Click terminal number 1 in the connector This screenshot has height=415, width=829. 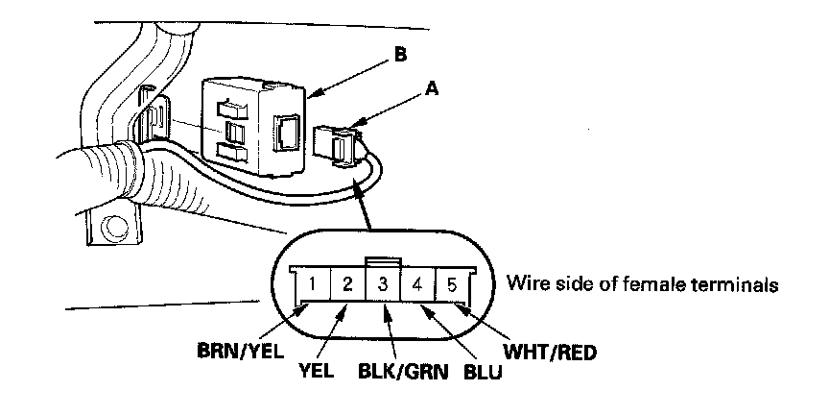click(x=314, y=283)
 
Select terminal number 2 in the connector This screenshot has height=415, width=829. click(x=348, y=283)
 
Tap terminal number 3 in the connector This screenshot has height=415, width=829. click(x=383, y=283)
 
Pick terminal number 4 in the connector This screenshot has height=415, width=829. click(x=416, y=283)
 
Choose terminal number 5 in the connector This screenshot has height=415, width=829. click(x=450, y=283)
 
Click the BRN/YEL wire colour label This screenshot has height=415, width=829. click(x=234, y=352)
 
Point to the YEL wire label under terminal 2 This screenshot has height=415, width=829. click(x=316, y=370)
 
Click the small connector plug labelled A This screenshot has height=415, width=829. click(x=340, y=143)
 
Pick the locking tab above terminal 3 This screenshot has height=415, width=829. click(x=383, y=260)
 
